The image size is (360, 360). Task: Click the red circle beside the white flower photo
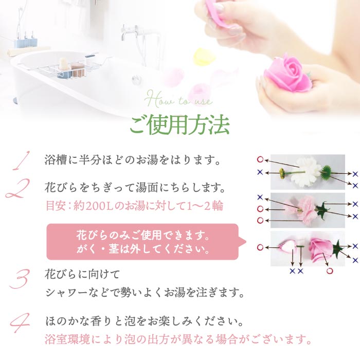260,160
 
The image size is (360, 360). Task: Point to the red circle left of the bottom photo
260,247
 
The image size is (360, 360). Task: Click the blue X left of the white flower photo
260,172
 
